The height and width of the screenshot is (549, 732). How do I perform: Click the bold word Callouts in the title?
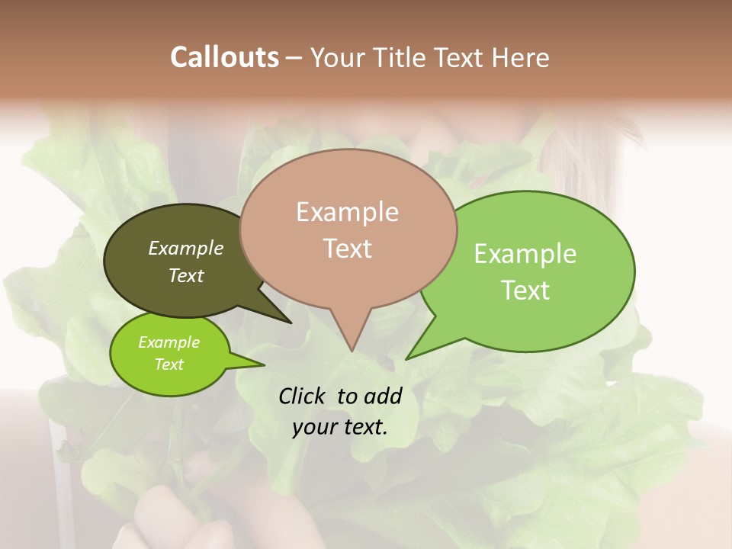224,57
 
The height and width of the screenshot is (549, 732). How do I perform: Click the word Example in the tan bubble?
347,212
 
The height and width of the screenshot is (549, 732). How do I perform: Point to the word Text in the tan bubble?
348,249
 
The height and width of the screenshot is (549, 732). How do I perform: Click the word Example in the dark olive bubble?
186,248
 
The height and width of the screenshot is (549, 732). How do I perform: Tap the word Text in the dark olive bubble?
186,275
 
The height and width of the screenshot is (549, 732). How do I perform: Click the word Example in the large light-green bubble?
525,254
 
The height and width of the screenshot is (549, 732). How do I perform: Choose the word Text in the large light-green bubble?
526,291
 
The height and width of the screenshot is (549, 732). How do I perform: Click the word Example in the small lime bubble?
169,342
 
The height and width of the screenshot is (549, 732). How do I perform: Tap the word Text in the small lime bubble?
169,364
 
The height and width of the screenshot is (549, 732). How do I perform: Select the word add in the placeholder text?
383,396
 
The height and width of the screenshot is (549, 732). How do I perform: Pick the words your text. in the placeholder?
340,427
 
